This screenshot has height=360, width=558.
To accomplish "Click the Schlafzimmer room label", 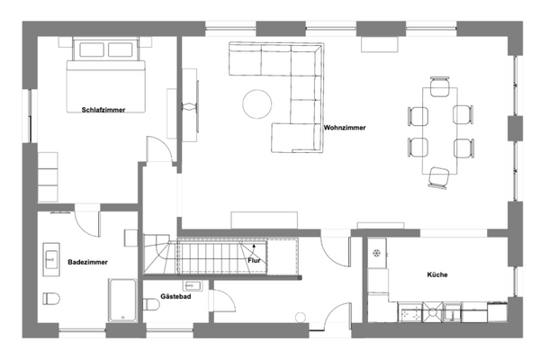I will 102,110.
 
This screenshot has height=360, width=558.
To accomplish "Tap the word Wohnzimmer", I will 345,128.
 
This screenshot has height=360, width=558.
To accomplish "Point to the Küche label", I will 437,274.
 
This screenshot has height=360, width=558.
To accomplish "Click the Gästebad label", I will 175,296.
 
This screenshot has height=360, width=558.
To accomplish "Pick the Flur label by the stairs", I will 255,260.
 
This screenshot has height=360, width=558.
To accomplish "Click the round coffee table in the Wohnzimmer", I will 256,103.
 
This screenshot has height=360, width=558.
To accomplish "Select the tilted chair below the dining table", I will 439,177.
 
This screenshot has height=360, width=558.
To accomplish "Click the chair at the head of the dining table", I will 439,86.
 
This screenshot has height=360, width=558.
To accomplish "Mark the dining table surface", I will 439,130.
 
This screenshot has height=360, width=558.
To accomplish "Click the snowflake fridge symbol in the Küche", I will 376,253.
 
